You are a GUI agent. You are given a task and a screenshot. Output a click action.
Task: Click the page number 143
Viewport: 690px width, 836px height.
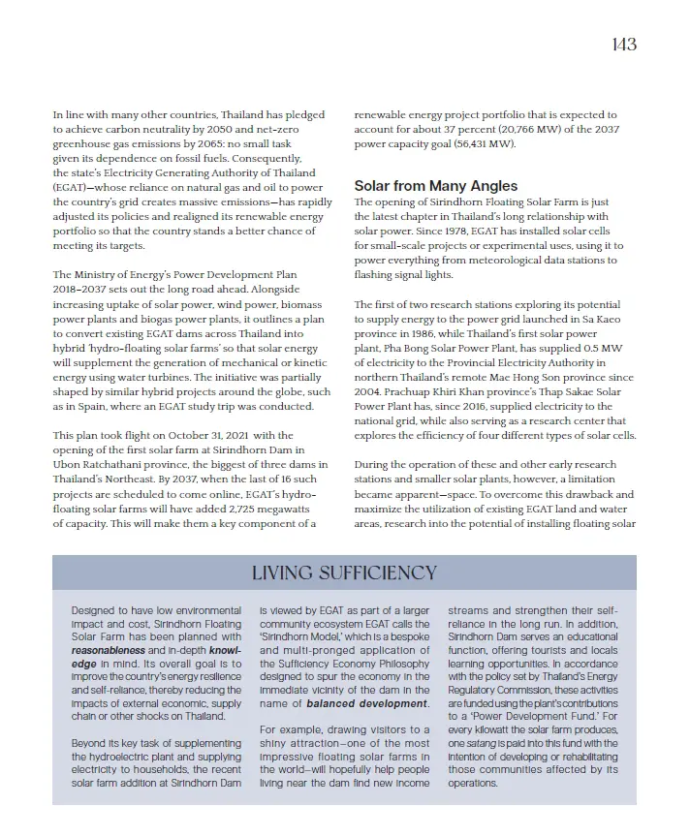click(624, 45)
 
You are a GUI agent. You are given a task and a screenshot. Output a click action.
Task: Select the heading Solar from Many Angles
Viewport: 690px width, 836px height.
click(435, 186)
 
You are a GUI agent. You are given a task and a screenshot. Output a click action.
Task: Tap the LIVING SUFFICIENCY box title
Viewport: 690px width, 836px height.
click(344, 573)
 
